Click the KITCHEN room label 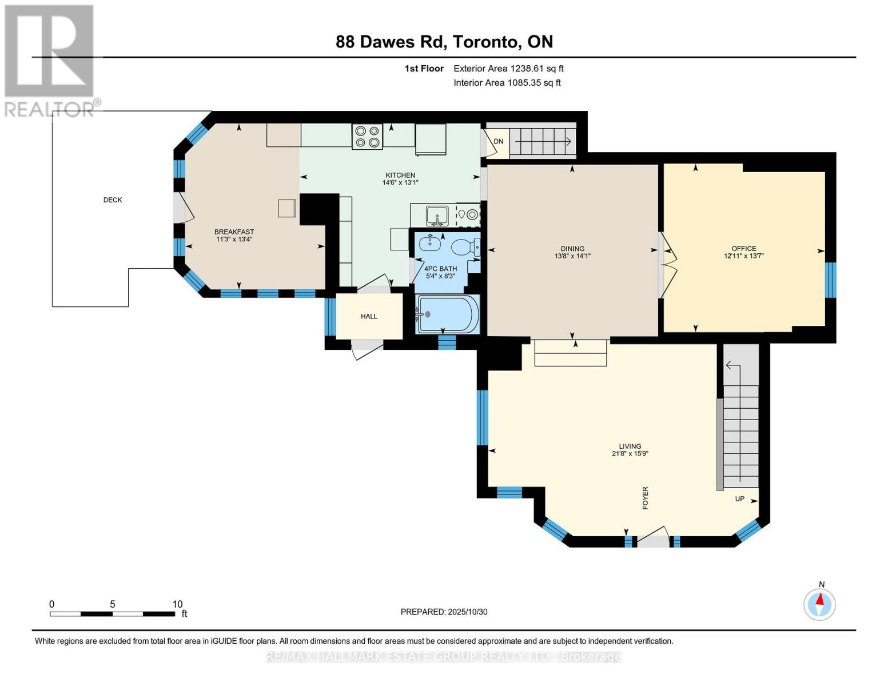point(400,175)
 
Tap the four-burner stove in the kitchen point(367,137)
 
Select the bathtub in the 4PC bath point(448,314)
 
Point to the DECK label point(113,200)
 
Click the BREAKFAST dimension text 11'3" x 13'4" point(234,240)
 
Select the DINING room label point(572,248)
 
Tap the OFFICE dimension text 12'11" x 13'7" point(743,256)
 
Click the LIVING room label point(630,446)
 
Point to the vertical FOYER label point(646,498)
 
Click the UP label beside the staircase point(739,498)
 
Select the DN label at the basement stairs point(499,141)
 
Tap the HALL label point(369,316)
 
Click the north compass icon point(819,604)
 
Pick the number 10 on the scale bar point(177,604)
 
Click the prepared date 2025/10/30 point(467,612)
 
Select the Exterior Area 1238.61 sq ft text point(508,68)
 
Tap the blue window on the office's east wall point(830,280)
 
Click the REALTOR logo point(50,60)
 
